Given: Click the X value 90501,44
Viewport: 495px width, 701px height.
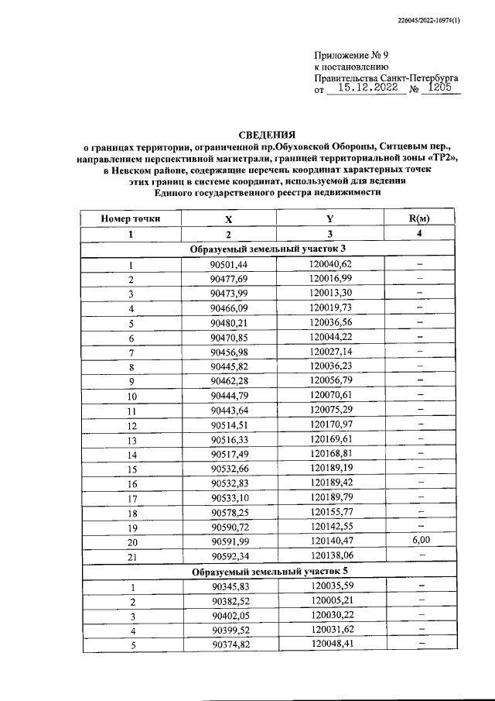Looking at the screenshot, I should click(x=228, y=264).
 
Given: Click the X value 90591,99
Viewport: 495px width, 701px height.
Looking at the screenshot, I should click(x=228, y=541).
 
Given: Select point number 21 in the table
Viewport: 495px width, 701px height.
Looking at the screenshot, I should click(x=131, y=556).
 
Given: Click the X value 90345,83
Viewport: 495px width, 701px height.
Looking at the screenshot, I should click(x=228, y=586).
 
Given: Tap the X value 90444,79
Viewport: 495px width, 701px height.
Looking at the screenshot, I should click(x=228, y=395).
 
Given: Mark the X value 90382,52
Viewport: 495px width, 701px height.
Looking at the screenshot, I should click(x=228, y=600).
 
